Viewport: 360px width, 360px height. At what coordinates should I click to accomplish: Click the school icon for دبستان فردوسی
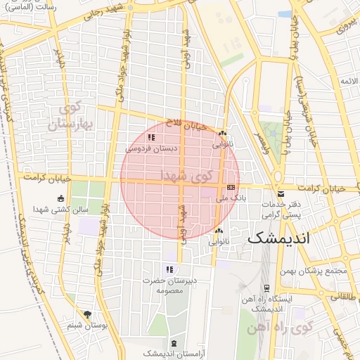[x=151, y=138]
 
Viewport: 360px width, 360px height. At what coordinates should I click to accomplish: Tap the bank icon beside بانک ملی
[x=231, y=188]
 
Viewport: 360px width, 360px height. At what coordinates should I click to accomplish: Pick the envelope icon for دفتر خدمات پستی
[x=281, y=194]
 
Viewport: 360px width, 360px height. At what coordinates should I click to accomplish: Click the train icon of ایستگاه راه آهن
[x=266, y=288]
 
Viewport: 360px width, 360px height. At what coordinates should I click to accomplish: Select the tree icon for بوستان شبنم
[x=87, y=314]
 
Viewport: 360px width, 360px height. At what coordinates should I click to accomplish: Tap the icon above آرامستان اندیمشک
[x=174, y=342]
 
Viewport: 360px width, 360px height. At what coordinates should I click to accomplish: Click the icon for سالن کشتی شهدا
[x=60, y=198]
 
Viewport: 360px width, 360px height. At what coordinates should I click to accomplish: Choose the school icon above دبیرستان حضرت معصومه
[x=169, y=269]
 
